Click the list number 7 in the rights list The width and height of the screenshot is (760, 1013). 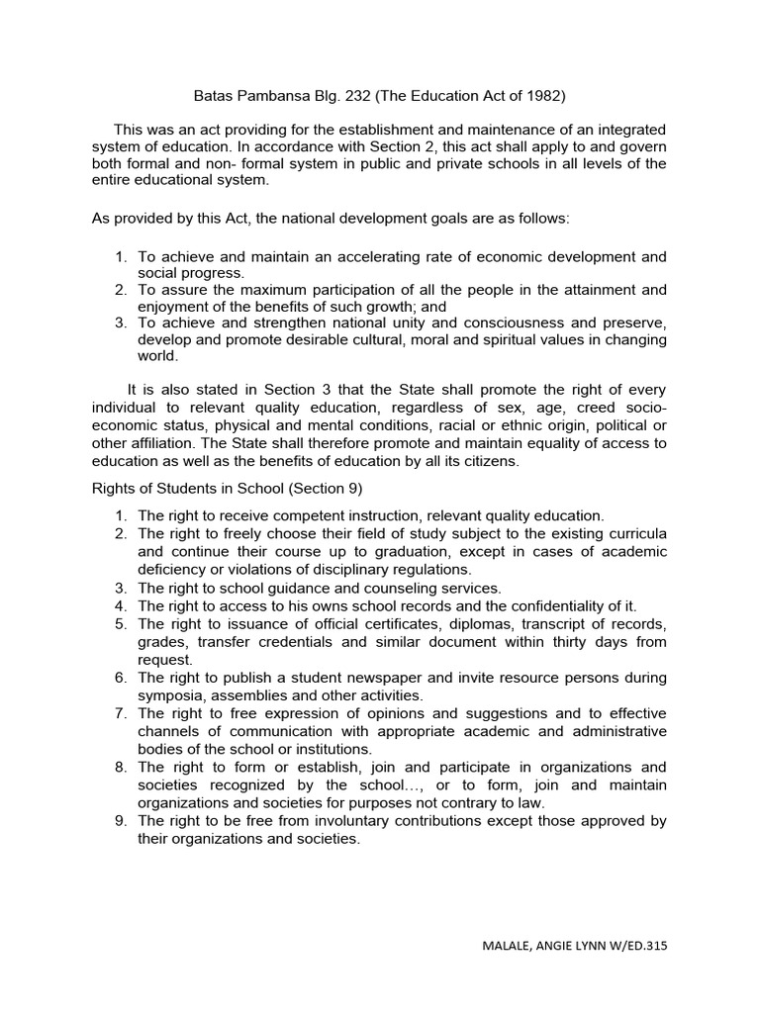(x=120, y=713)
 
